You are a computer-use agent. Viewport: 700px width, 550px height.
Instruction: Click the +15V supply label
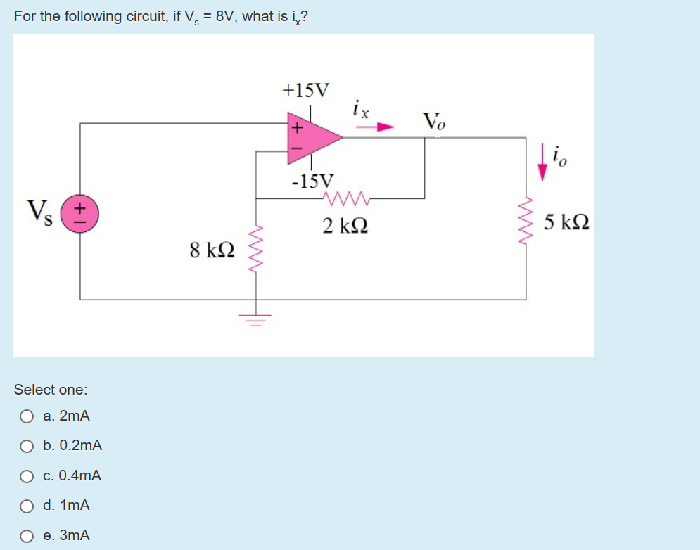pos(305,90)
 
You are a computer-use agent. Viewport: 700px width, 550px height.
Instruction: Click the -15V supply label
pos(313,181)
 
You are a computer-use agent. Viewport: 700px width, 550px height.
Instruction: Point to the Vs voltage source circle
pos(80,210)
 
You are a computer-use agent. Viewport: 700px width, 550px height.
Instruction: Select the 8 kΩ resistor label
pos(212,250)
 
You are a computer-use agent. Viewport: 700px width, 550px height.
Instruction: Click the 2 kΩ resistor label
pos(345,226)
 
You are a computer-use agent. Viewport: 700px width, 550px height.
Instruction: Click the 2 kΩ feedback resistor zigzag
pos(344,198)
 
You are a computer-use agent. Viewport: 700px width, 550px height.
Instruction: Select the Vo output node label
pos(433,120)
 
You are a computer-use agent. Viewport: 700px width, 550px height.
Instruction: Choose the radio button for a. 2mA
pos(27,416)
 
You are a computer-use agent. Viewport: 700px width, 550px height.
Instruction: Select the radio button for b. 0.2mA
pos(27,446)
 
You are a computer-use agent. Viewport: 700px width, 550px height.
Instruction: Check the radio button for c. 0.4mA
pos(27,476)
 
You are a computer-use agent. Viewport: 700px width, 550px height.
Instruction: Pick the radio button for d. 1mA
pos(27,506)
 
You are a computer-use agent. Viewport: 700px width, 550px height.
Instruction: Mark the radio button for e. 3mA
pos(27,536)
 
